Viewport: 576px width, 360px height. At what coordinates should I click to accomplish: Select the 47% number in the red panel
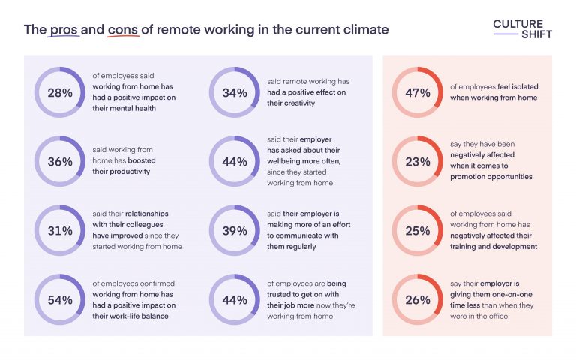pyautogui.click(x=417, y=93)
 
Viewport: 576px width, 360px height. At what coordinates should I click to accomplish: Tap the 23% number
pyautogui.click(x=417, y=162)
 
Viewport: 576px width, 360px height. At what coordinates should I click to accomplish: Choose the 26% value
pyautogui.click(x=417, y=300)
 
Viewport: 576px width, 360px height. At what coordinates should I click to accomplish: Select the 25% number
pyautogui.click(x=417, y=231)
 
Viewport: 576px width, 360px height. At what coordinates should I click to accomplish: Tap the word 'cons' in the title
pyautogui.click(x=122, y=30)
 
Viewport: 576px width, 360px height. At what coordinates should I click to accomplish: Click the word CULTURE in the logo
pyautogui.click(x=518, y=23)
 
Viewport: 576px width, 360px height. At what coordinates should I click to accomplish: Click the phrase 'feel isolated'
pyautogui.click(x=515, y=87)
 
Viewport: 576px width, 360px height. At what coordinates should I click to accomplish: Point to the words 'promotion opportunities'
pyautogui.click(x=490, y=177)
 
